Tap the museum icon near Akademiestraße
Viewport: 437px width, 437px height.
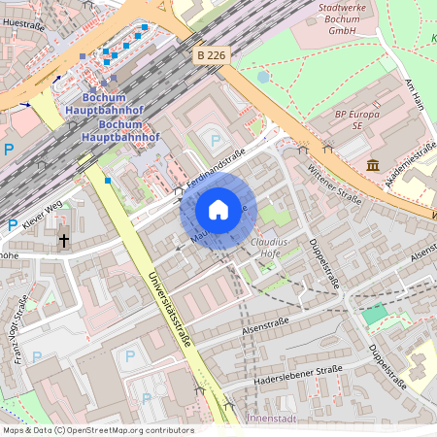373,165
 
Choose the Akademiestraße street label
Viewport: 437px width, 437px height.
412,160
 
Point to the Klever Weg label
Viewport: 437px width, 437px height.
42,213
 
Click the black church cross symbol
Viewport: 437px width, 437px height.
64,238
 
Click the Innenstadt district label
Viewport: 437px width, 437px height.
271,418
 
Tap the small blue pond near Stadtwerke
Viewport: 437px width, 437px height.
263,77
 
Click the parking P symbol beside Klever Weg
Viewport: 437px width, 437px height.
12,224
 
